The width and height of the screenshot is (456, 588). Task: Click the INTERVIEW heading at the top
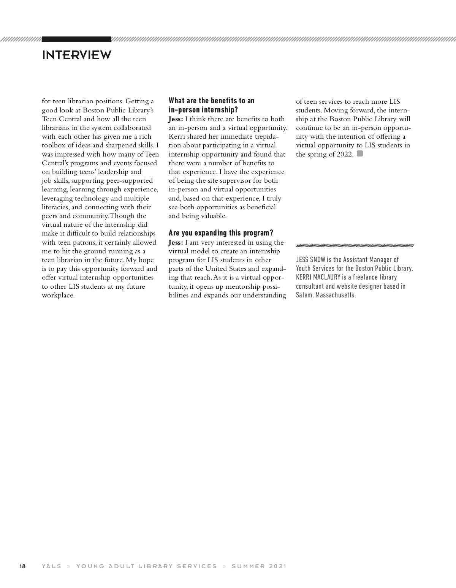(x=76, y=55)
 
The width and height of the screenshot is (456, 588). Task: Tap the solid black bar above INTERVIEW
(x=76, y=39)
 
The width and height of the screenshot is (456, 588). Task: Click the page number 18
(x=22, y=566)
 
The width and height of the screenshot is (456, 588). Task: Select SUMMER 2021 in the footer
(x=259, y=566)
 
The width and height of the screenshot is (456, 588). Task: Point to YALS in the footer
(x=51, y=566)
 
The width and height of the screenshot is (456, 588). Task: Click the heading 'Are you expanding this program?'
(x=221, y=233)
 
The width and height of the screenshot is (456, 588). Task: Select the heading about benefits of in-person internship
(x=211, y=105)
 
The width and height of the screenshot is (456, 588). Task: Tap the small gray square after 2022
(x=360, y=154)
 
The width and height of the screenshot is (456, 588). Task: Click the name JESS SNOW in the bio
(x=310, y=260)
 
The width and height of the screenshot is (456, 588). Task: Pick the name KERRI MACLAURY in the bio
(x=318, y=277)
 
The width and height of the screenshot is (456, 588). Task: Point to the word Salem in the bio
(x=304, y=295)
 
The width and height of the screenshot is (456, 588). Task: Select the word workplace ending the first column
(x=58, y=295)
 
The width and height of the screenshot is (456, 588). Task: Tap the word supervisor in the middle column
(x=237, y=180)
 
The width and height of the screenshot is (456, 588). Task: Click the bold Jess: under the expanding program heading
(x=176, y=242)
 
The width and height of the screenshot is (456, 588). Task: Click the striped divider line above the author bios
(x=355, y=245)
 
